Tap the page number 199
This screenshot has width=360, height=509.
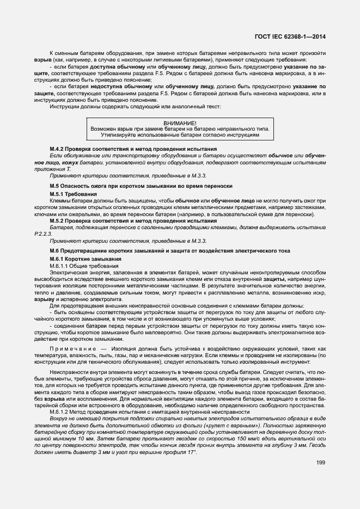point(321,463)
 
